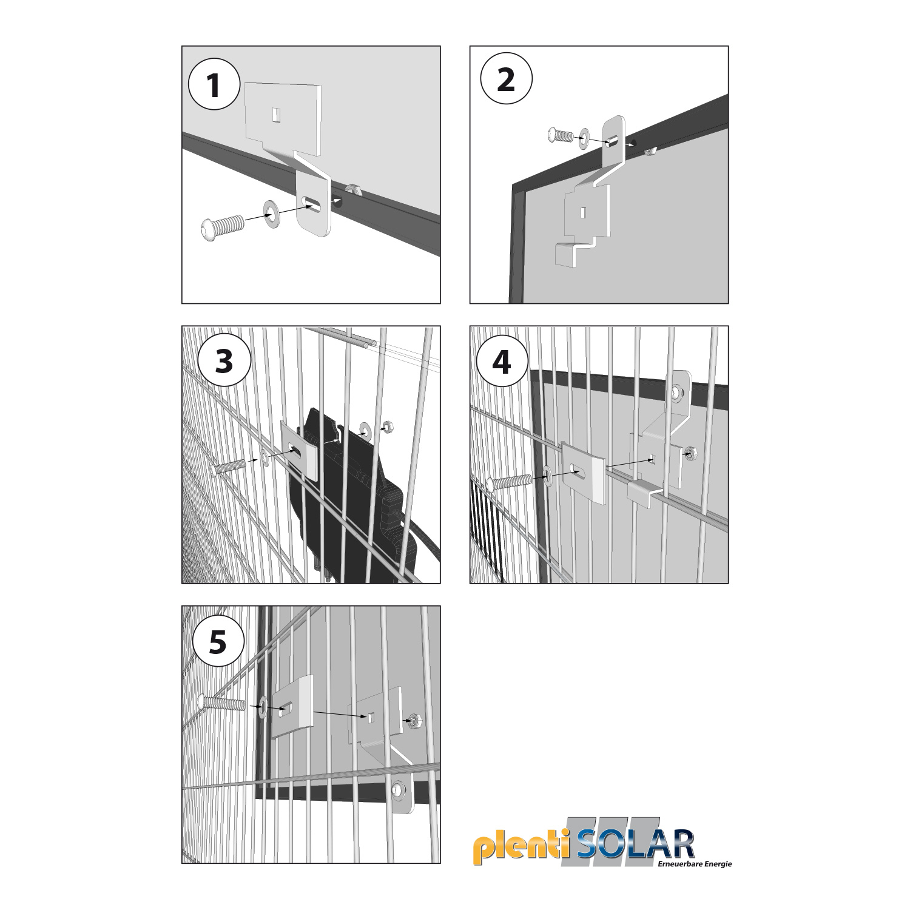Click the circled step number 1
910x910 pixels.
214,85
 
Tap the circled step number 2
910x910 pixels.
506,80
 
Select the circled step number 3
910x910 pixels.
224,363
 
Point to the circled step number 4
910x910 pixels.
502,363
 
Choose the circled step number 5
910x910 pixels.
218,642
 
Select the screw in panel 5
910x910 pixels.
222,703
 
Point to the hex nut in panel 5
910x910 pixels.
416,720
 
